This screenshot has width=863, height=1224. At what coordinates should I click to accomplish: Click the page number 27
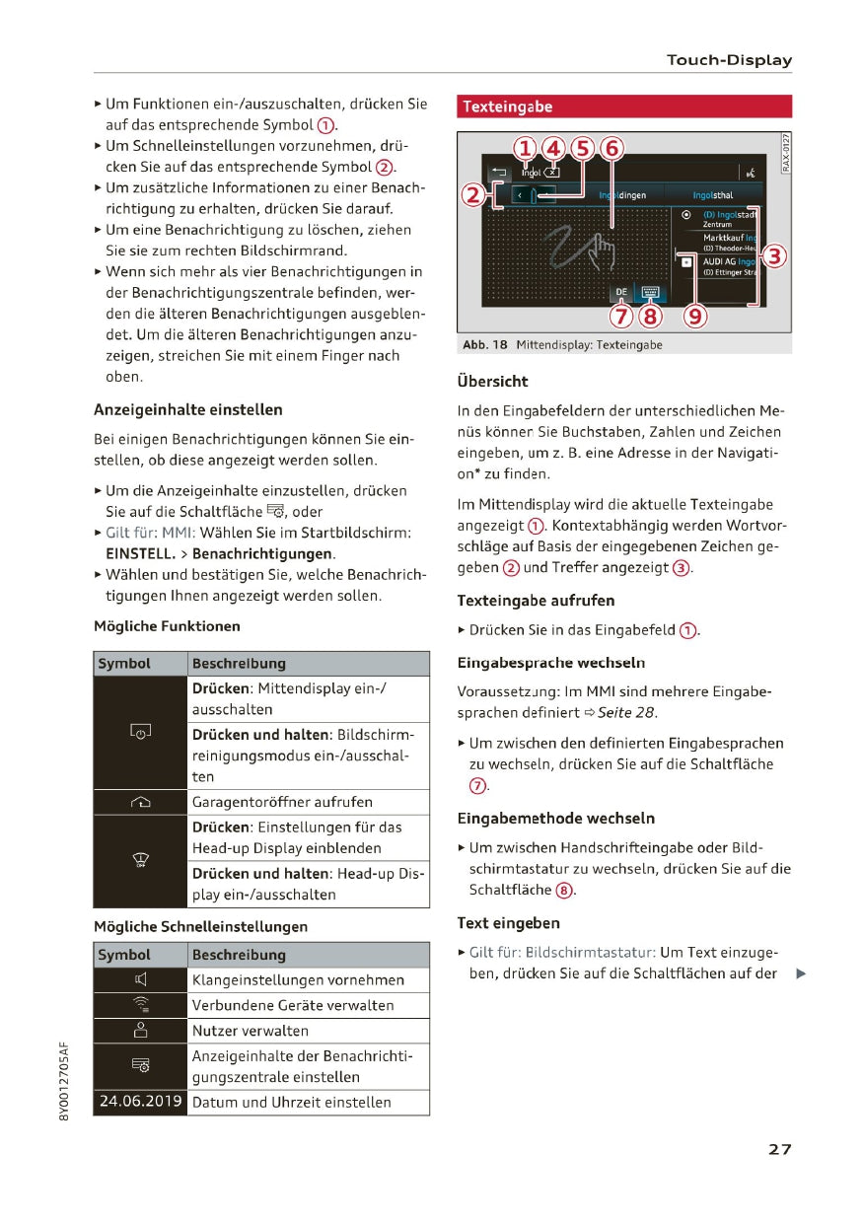[779, 1149]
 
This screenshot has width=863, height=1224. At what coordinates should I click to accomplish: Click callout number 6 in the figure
[611, 149]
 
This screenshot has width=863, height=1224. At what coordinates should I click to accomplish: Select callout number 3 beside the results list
[775, 256]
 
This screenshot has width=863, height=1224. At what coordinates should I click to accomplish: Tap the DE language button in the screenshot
[620, 293]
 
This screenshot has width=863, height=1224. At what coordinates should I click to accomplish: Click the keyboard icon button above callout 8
[650, 293]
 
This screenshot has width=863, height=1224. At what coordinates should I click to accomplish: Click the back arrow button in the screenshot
[498, 173]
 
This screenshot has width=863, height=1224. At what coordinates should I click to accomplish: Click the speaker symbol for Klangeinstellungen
[140, 980]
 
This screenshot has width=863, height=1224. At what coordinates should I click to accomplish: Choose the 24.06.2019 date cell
[140, 1103]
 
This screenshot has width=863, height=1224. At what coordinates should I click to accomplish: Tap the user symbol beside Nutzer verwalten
[140, 1031]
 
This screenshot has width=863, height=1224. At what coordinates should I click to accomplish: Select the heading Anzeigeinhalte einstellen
[187, 409]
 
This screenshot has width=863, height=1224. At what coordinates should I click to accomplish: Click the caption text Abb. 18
[484, 345]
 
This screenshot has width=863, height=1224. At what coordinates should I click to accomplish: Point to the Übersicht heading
[492, 381]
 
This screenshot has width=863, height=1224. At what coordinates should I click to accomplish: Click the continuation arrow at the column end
[801, 974]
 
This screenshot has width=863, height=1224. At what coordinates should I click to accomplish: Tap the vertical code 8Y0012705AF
[64, 1079]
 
